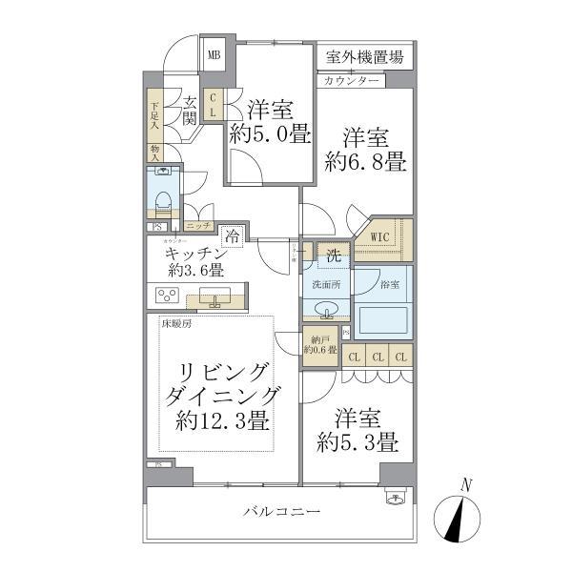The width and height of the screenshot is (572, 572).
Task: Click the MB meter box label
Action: pyautogui.click(x=214, y=54)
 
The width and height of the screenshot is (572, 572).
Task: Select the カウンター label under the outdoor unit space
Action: pyautogui.click(x=352, y=81)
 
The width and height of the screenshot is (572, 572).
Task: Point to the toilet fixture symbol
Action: pyautogui.click(x=163, y=196)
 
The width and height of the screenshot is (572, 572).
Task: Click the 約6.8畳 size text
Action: pyautogui.click(x=364, y=162)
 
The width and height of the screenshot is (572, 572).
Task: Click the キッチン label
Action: pyautogui.click(x=194, y=254)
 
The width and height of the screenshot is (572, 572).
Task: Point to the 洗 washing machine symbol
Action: pyautogui.click(x=335, y=255)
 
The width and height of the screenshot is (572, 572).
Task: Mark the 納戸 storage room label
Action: pyautogui.click(x=316, y=344)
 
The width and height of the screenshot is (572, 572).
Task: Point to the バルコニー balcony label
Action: pyautogui.click(x=280, y=512)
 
